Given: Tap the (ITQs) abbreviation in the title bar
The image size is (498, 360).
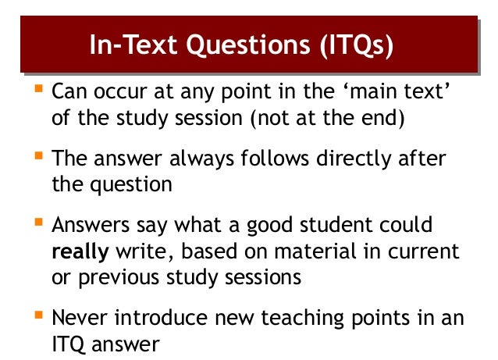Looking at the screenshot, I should [x=355, y=44].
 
